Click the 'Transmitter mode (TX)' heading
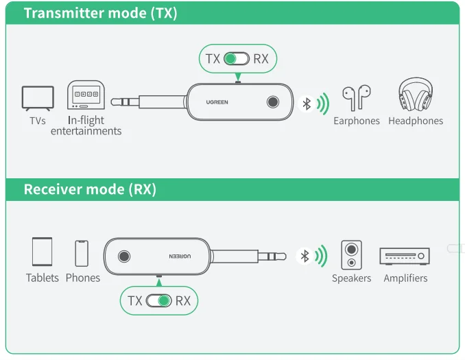click(x=100, y=13)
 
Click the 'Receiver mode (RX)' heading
click(x=90, y=189)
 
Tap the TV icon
click(x=37, y=98)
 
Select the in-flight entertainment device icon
click(x=86, y=95)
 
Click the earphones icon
click(x=356, y=98)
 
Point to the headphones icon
click(x=415, y=96)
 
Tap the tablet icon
click(x=42, y=252)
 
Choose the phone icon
click(x=82, y=253)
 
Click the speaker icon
click(x=351, y=254)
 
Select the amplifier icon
click(x=405, y=256)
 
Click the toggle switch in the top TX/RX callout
click(x=236, y=59)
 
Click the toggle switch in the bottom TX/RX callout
click(x=158, y=301)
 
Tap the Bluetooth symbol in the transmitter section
click(x=307, y=104)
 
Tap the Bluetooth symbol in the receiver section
click(x=305, y=256)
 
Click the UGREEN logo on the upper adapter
click(x=217, y=102)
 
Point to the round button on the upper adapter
click(x=274, y=103)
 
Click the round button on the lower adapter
click(x=124, y=256)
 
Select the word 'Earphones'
click(x=356, y=121)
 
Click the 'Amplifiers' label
click(x=405, y=278)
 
